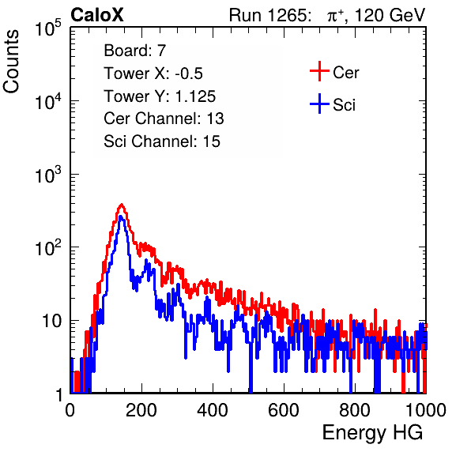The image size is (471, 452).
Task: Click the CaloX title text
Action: tap(97, 15)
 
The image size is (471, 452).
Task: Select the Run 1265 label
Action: tap(269, 15)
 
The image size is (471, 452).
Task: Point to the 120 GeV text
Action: tap(390, 15)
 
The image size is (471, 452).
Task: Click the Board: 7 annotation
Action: tap(134, 51)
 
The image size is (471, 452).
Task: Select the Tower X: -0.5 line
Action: tap(153, 73)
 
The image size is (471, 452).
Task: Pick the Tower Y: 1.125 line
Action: tap(160, 96)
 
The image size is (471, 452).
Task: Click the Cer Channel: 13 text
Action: tap(164, 119)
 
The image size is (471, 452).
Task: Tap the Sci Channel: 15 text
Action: tap(162, 141)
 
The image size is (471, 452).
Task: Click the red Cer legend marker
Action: tap(319, 71)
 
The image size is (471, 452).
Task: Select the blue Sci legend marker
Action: tap(319, 104)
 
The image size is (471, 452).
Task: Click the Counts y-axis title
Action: tap(11, 62)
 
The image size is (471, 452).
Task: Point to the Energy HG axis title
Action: tap(372, 432)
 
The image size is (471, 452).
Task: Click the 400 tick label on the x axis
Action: tap(213, 410)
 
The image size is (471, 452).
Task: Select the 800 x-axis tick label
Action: tap(355, 410)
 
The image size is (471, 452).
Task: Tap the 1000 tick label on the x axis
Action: tap(426, 410)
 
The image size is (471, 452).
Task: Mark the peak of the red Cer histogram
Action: tap(122, 205)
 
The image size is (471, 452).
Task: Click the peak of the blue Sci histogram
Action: tap(120, 217)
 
